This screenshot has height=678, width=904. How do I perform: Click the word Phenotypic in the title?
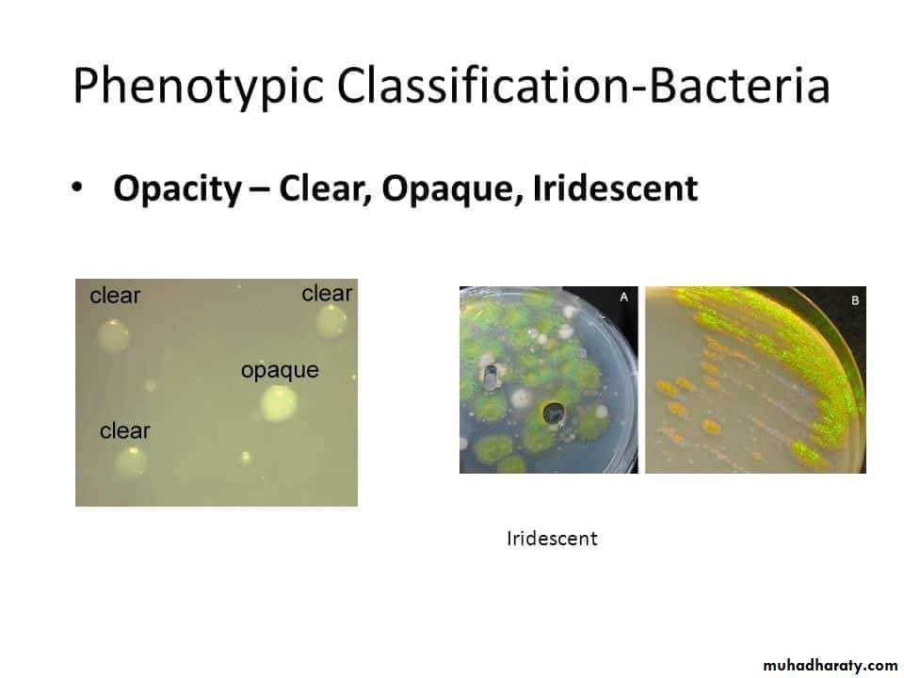(x=198, y=86)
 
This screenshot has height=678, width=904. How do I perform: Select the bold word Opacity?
(x=178, y=188)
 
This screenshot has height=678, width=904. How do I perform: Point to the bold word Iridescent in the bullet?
(x=615, y=187)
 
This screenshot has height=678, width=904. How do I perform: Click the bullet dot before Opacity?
(x=76, y=187)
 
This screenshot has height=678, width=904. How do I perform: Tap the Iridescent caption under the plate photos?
(x=552, y=539)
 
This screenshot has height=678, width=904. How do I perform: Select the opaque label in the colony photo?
(x=280, y=370)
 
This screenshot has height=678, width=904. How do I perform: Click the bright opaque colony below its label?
(x=279, y=404)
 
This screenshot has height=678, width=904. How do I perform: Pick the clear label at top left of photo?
(x=115, y=295)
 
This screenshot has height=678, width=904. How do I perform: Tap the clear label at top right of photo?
(x=327, y=293)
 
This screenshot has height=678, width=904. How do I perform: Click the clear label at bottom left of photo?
(x=124, y=430)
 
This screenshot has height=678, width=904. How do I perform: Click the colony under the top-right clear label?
(x=331, y=322)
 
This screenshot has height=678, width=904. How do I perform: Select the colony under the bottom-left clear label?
(x=131, y=462)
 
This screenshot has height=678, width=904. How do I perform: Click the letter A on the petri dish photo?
(x=623, y=298)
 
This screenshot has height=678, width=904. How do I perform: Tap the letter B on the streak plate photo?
(x=855, y=300)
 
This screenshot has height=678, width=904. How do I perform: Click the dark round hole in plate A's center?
(x=554, y=412)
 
